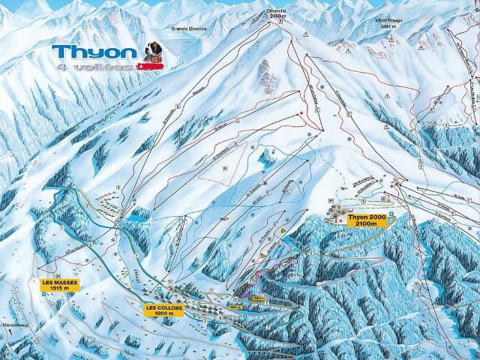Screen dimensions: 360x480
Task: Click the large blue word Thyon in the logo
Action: click(x=94, y=52)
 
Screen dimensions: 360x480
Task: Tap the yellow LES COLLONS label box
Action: click(x=165, y=310)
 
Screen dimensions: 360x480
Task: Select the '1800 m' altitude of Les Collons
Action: click(x=165, y=313)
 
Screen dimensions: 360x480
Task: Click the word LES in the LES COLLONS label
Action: click(x=153, y=307)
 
